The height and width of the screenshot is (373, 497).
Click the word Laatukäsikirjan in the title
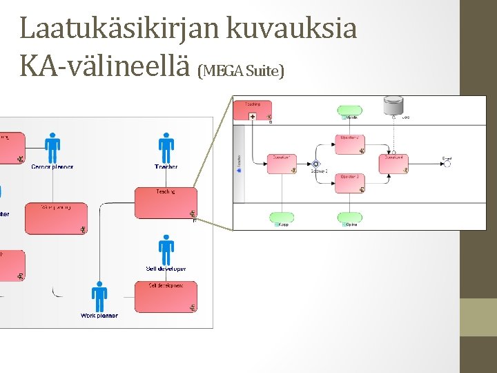pos(119,28)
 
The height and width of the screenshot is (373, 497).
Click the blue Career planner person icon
pos(52,147)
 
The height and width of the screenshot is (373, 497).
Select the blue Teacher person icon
pos(166,147)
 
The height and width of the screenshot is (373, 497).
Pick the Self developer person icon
pos(166,250)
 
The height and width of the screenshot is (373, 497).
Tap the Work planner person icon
pos(99,297)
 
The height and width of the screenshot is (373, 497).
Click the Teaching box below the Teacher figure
pos(165,202)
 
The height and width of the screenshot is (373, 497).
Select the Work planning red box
pos(56,218)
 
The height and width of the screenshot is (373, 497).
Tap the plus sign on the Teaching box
pos(253,117)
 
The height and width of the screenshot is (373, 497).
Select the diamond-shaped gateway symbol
pos(316,164)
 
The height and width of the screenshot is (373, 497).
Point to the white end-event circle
pos(447,164)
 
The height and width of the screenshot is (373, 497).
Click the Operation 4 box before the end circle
pos(393,163)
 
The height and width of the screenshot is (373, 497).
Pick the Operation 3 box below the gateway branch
pos(349,182)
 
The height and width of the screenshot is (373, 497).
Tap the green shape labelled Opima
pos(349,218)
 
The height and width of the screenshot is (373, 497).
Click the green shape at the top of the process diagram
pos(349,111)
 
